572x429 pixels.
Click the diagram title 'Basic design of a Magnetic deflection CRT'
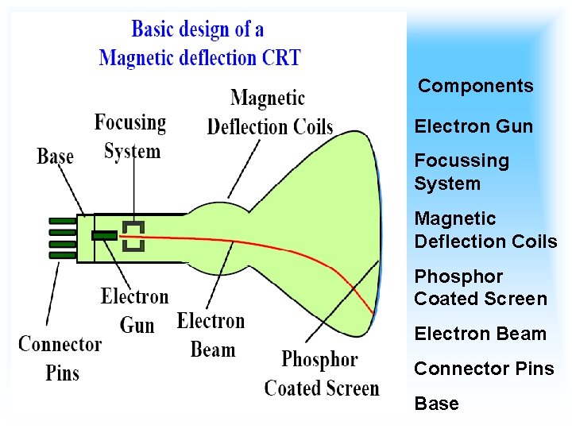pyautogui.click(x=199, y=44)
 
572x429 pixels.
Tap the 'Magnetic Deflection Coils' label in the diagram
pyautogui.click(x=269, y=113)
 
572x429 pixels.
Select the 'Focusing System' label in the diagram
pyautogui.click(x=131, y=137)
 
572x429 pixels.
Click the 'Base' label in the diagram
pyautogui.click(x=55, y=157)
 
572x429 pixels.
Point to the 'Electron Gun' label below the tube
pyautogui.click(x=135, y=311)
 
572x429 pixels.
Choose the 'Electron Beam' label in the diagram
pyautogui.click(x=211, y=334)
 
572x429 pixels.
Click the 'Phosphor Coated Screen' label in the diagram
pyautogui.click(x=321, y=373)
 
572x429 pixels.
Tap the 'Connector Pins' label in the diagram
pyautogui.click(x=60, y=357)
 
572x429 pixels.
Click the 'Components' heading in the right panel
pyautogui.click(x=475, y=86)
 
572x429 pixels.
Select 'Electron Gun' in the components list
pyautogui.click(x=473, y=126)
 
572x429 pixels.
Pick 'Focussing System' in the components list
pyautogui.click(x=461, y=172)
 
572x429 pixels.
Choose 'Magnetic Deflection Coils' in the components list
pyautogui.click(x=485, y=230)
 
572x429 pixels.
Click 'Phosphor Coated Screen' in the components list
pyautogui.click(x=480, y=288)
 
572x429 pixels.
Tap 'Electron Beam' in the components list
pyautogui.click(x=480, y=334)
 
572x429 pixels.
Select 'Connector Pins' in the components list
pyautogui.click(x=484, y=369)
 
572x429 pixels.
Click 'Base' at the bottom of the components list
pyautogui.click(x=436, y=404)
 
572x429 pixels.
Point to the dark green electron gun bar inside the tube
pyautogui.click(x=104, y=235)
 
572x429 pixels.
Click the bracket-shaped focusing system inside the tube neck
pyautogui.click(x=133, y=236)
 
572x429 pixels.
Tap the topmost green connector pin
pyautogui.click(x=63, y=221)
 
